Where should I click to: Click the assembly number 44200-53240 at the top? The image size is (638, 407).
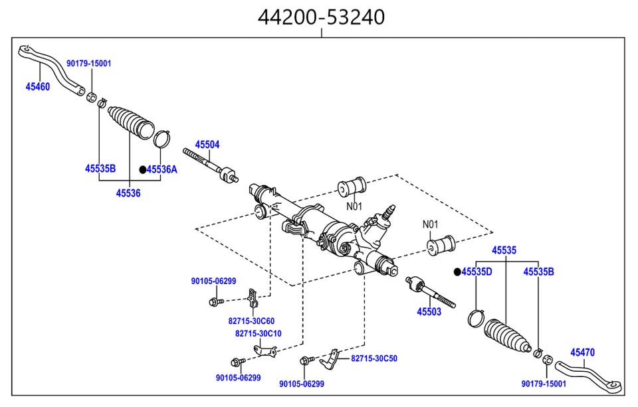click(x=321, y=16)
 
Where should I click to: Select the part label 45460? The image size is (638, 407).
click(x=37, y=86)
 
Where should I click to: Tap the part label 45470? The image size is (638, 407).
click(x=583, y=353)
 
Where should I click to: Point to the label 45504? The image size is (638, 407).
click(x=207, y=144)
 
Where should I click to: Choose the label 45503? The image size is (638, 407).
click(x=429, y=311)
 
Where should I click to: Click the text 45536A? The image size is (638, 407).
click(x=162, y=169)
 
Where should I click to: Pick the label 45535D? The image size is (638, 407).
click(x=477, y=272)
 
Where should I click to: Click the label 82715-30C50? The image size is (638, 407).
click(x=374, y=358)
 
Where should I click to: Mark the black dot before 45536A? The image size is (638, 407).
click(x=142, y=170)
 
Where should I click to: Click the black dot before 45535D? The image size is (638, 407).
click(x=457, y=272)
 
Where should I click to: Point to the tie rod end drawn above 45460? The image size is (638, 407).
click(x=50, y=66)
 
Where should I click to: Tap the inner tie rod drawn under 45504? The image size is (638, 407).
click(x=213, y=167)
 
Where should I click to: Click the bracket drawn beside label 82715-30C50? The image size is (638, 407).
click(x=330, y=359)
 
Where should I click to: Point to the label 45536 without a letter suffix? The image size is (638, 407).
click(x=128, y=193)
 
